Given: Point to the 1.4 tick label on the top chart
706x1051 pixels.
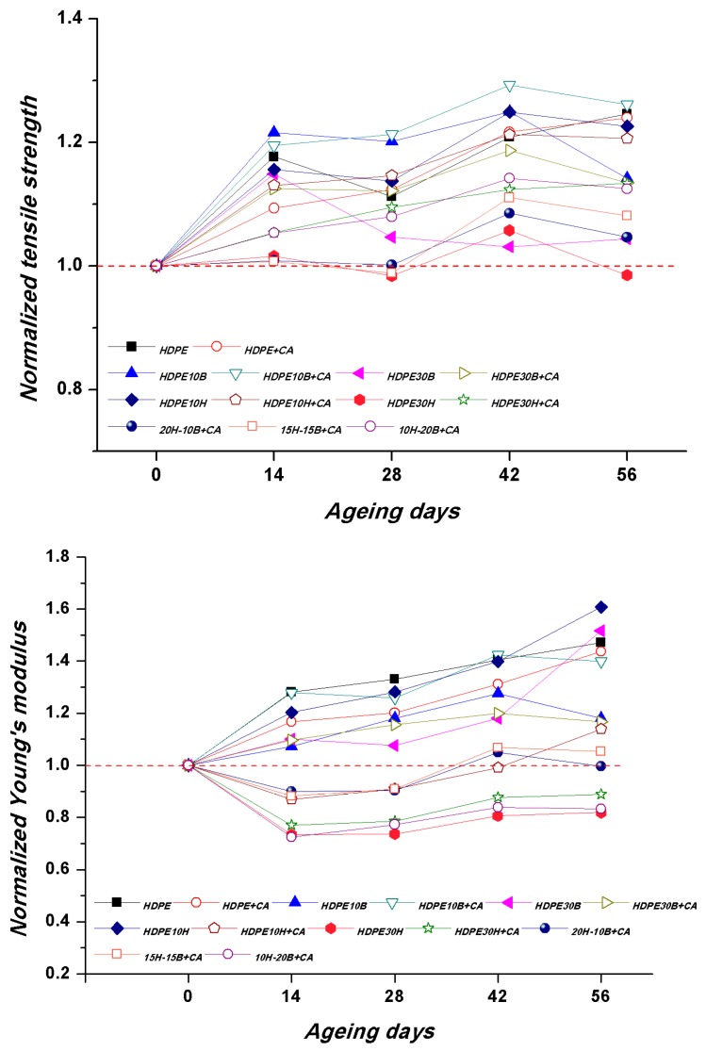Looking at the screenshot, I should point(72,19).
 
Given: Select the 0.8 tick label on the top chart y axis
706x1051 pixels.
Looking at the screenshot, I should point(72,389).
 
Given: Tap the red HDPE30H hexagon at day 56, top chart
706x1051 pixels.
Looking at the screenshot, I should point(626,275).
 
